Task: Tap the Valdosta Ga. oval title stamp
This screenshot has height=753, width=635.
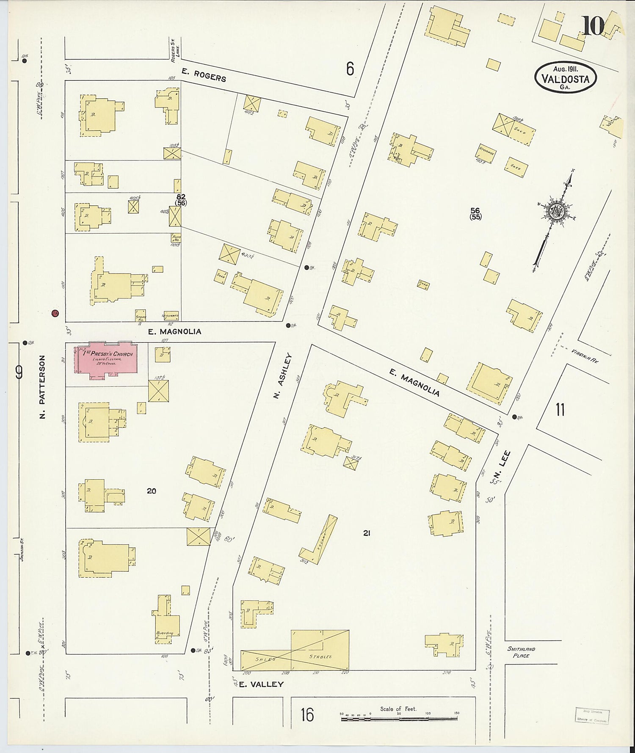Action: point(565,78)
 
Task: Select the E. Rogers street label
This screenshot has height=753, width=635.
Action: point(204,75)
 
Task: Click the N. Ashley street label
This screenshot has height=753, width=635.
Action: point(283,376)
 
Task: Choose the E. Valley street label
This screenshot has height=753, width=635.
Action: point(261,684)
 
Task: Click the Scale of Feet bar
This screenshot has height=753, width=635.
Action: point(398,718)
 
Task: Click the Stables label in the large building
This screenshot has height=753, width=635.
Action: point(320,656)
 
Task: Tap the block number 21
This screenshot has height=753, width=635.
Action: point(367,533)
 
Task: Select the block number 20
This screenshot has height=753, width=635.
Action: point(151,491)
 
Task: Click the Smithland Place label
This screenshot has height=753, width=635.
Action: point(521,652)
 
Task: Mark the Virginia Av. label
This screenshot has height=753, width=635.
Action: point(584,356)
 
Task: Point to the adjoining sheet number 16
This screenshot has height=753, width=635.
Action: point(307,714)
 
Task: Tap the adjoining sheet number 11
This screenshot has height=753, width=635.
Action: point(560,410)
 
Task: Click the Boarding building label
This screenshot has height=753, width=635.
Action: point(165,633)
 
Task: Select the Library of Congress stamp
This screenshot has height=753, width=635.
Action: point(591,716)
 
